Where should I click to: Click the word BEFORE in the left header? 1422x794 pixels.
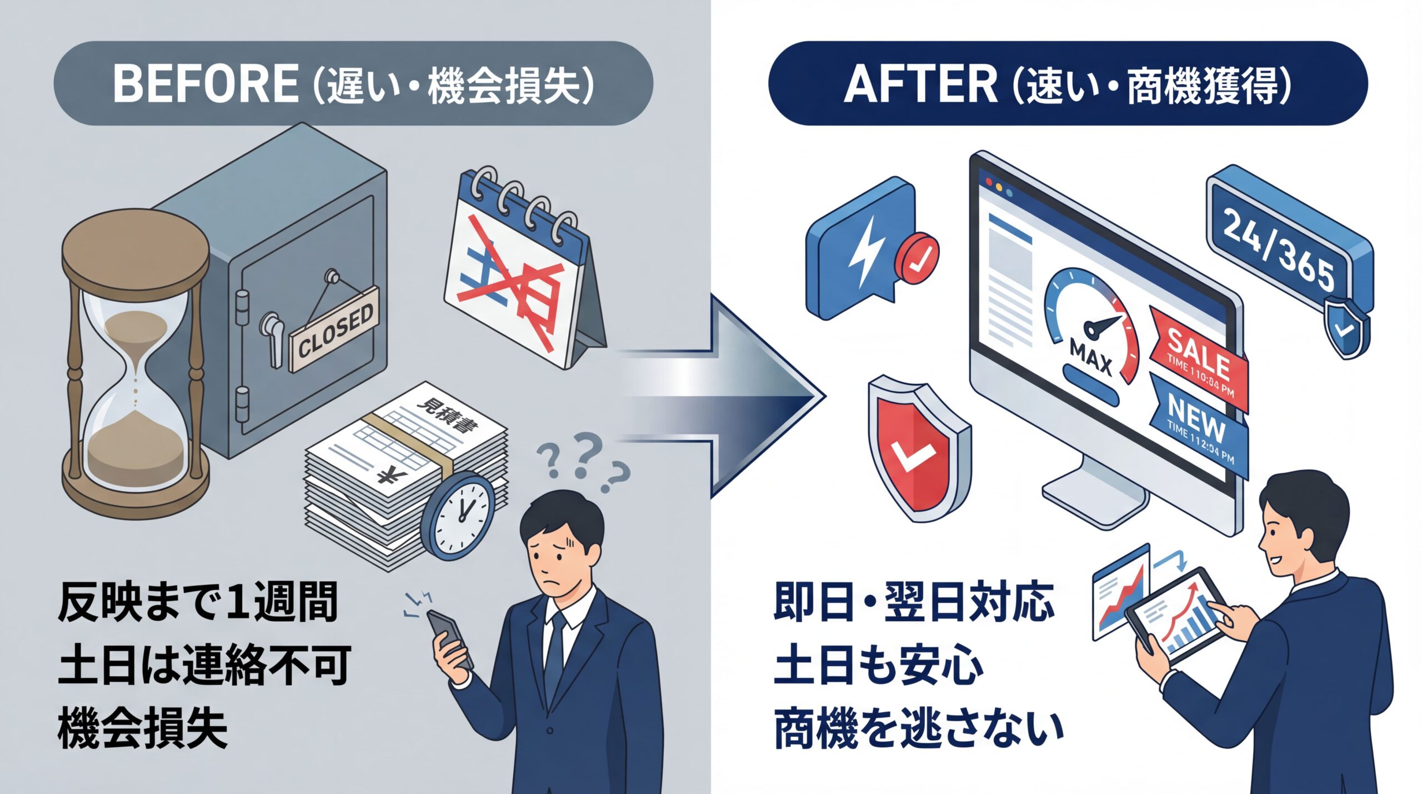click(x=206, y=84)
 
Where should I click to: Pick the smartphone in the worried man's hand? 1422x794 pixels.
click(x=450, y=639)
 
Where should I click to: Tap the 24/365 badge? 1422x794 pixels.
click(x=1283, y=244)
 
